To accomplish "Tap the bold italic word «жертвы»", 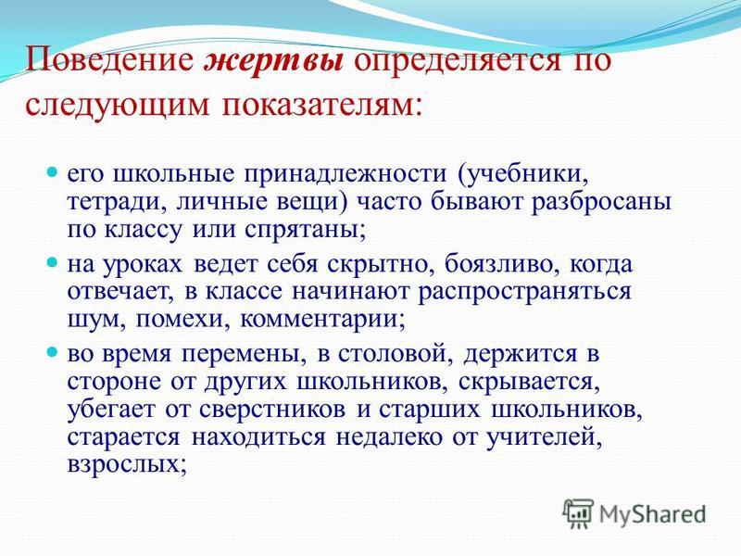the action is (x=273, y=60).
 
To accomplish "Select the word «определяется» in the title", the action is (x=456, y=60).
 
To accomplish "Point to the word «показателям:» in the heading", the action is (x=321, y=105).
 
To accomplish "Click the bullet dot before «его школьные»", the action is (x=52, y=170).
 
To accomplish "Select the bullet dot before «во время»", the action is (x=52, y=351).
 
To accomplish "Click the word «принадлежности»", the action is (x=345, y=174).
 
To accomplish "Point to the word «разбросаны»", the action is (x=601, y=201).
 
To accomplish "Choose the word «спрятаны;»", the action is (x=306, y=230).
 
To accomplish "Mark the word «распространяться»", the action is (x=525, y=292).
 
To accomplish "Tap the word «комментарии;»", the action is (x=322, y=320).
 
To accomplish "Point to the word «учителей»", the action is (x=545, y=437).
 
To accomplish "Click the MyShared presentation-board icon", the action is (x=578, y=514).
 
